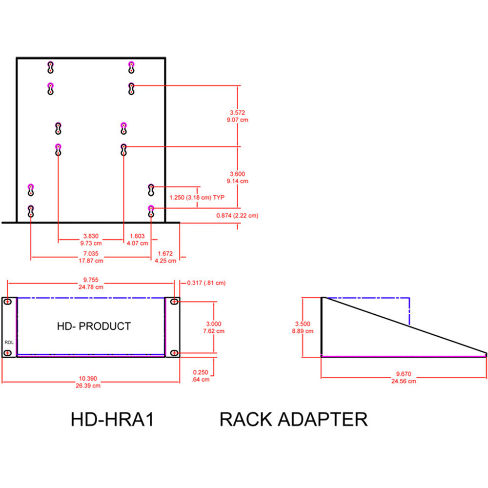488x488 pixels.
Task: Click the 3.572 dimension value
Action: (x=238, y=112)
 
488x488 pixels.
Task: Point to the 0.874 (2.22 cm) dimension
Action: (x=238, y=215)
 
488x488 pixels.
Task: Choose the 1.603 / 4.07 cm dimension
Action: (x=138, y=239)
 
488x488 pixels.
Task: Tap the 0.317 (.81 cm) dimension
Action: (x=206, y=283)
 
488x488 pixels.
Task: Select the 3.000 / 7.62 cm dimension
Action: (x=214, y=327)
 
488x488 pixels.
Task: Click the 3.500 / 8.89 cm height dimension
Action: (x=303, y=327)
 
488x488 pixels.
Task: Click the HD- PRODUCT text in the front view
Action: (x=94, y=326)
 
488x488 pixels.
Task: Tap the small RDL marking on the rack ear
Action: (x=9, y=342)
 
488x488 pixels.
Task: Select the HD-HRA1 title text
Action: (x=112, y=420)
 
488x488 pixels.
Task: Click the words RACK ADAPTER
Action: (x=293, y=420)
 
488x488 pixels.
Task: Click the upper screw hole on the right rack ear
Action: (x=173, y=303)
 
